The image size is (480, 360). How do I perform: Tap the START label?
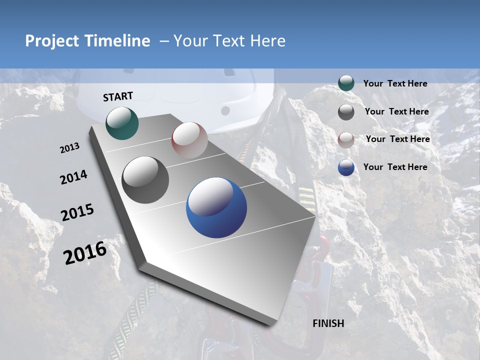[118, 96]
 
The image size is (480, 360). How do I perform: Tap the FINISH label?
[328, 323]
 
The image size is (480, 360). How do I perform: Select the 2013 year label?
[69, 148]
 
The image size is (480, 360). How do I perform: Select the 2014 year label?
[73, 177]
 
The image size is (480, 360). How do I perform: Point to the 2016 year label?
[85, 253]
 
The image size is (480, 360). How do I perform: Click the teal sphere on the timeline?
[122, 123]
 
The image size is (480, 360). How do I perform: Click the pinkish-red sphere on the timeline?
[189, 140]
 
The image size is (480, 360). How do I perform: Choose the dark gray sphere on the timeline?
[145, 179]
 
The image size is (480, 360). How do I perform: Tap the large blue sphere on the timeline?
[216, 207]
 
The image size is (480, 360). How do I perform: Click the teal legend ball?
[346, 83]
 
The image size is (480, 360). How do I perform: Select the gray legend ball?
[346, 112]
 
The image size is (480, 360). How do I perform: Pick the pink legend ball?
[346, 140]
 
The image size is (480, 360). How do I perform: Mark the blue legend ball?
[346, 167]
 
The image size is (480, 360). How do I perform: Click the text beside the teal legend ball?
[395, 84]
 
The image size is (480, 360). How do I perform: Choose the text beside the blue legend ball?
[395, 167]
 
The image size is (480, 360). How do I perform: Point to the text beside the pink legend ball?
[397, 139]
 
